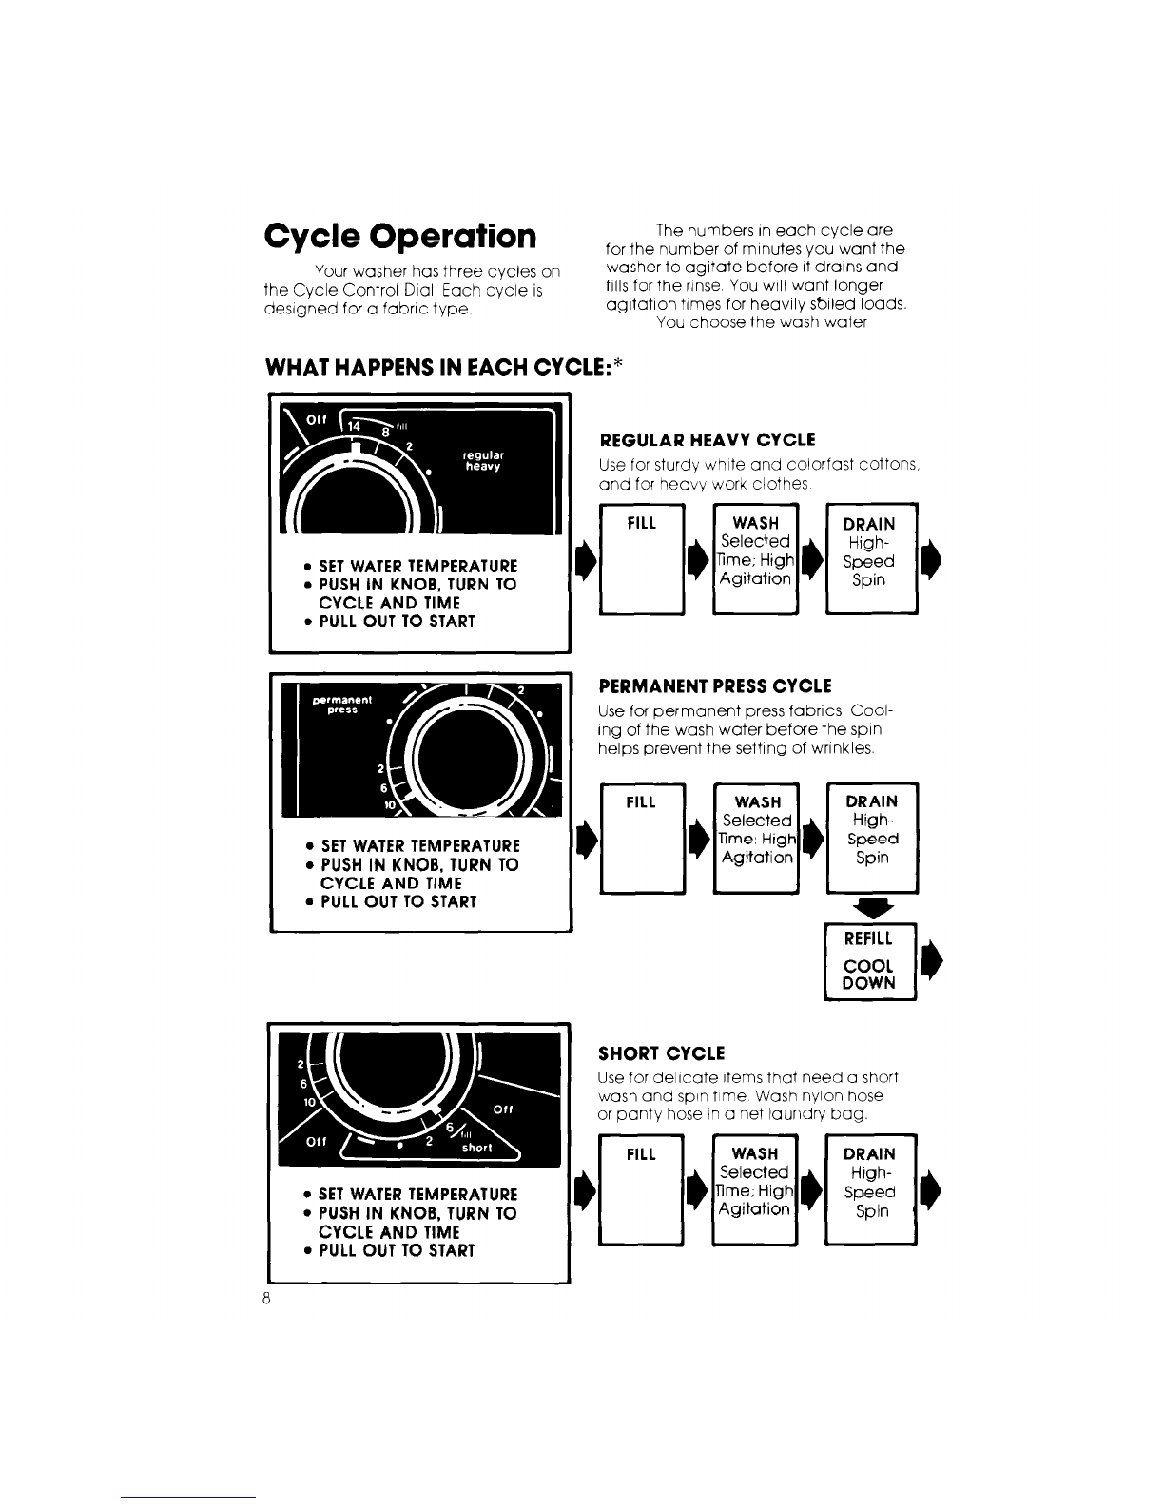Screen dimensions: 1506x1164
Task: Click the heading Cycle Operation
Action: (400, 236)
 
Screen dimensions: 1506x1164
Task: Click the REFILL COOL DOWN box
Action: (869, 961)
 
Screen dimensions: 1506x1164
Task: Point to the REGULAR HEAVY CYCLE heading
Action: (707, 439)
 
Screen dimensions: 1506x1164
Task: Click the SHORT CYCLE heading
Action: (661, 1053)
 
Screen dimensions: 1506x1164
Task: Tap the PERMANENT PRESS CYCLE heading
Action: (714, 685)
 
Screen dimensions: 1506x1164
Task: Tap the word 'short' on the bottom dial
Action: (476, 1148)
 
